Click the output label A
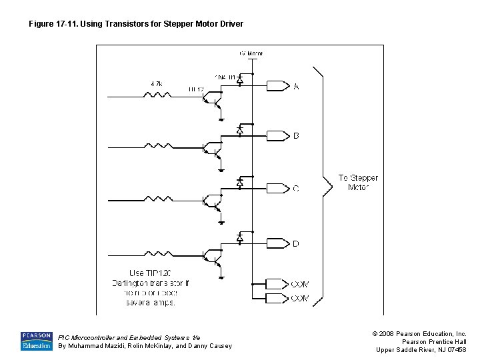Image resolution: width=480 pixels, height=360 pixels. click(x=296, y=86)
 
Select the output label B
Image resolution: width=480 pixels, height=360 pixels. click(x=296, y=136)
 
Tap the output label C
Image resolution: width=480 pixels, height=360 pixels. click(x=296, y=189)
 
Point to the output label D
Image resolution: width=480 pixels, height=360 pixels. click(x=296, y=244)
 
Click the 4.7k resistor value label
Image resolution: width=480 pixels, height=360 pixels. click(x=157, y=84)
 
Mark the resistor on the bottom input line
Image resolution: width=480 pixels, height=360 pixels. click(x=157, y=253)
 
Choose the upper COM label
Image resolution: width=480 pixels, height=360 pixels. click(x=300, y=285)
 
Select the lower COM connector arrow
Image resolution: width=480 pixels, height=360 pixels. click(x=276, y=298)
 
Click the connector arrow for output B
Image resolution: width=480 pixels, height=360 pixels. click(x=276, y=136)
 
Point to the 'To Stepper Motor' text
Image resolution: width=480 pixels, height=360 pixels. click(x=358, y=183)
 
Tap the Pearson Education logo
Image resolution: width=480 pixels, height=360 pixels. click(x=36, y=341)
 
